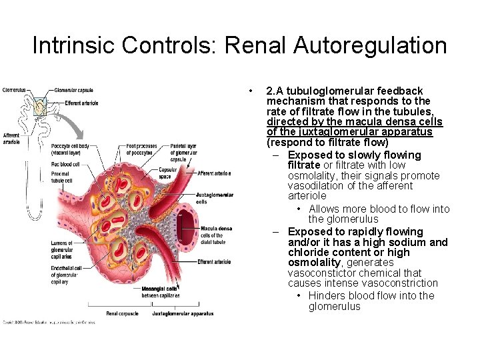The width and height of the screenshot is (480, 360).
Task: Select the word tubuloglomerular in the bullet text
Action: (x=337, y=91)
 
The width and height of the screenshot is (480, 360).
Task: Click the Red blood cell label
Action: (x=65, y=164)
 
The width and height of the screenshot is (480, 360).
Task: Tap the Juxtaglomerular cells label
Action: (x=215, y=198)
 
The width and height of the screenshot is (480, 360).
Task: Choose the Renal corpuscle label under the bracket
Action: (x=122, y=313)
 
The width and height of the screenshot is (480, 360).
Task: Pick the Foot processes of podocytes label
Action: (x=142, y=149)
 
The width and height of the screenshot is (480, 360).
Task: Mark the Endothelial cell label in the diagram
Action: (x=65, y=275)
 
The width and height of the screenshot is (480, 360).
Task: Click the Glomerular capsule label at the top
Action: (x=73, y=91)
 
